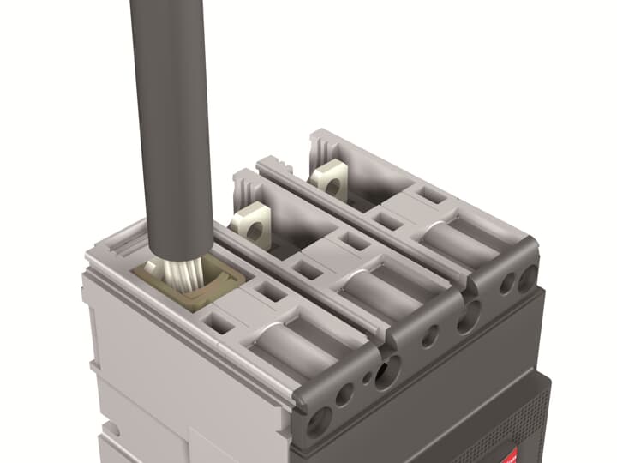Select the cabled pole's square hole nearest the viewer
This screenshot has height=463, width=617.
coord(220,325)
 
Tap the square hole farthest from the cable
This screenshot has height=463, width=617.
coord(433,196)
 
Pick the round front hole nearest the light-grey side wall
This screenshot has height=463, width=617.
coord(320,421)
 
